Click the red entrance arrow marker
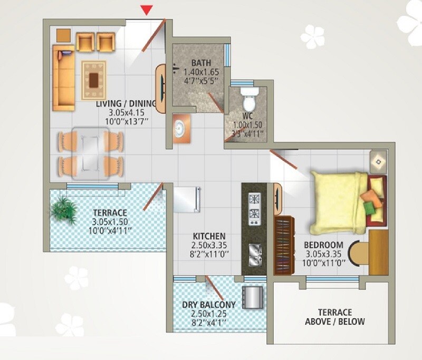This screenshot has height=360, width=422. tap(148, 9)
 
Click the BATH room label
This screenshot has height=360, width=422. tap(201, 62)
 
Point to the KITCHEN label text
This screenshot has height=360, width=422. tap(209, 236)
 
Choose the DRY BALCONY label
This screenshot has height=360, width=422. tap(209, 305)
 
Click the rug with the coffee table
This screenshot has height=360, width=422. tap(94, 80)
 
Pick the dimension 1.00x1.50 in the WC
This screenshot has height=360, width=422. tap(248, 125)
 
